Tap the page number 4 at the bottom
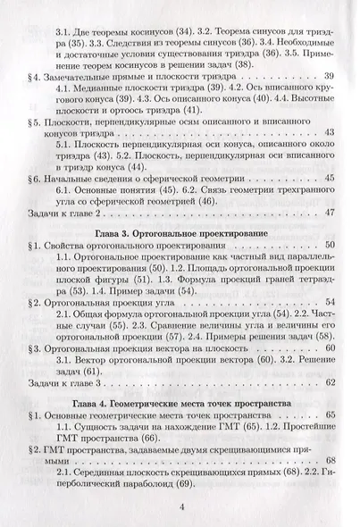click(180, 508)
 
